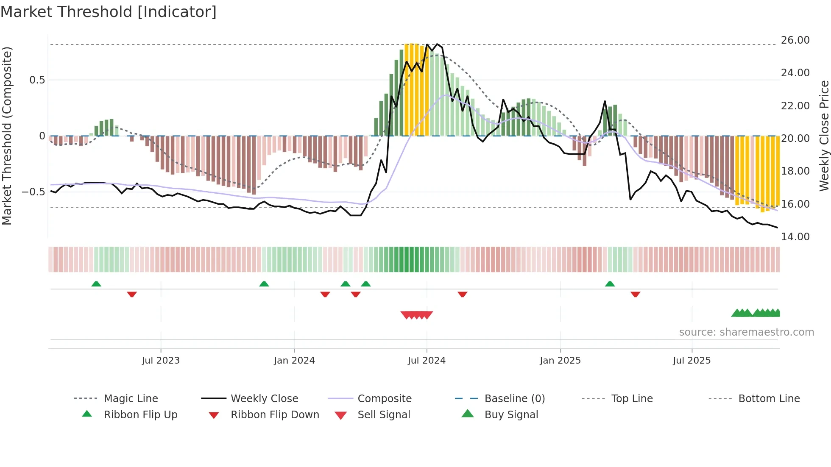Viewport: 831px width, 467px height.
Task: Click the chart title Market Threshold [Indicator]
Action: (109, 12)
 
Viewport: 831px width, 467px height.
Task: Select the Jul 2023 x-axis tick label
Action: (161, 361)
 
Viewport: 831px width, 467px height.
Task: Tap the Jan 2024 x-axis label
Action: (294, 361)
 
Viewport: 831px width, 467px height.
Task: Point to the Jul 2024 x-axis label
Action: (427, 361)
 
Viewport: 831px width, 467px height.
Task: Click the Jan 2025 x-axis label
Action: (560, 361)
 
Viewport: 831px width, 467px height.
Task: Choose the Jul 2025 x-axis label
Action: (692, 361)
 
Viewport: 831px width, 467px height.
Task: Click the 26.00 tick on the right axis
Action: (795, 40)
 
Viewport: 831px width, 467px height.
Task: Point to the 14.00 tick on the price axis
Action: (795, 237)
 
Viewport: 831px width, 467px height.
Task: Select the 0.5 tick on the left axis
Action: (37, 80)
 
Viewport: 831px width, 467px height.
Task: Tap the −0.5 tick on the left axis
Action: (33, 192)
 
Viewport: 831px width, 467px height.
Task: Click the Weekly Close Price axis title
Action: (824, 136)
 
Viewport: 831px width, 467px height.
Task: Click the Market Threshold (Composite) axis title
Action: (7, 136)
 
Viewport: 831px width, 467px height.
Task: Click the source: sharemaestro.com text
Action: (746, 332)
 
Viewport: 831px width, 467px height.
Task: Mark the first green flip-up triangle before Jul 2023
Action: (96, 284)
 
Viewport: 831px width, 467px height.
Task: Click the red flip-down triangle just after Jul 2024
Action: (463, 294)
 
